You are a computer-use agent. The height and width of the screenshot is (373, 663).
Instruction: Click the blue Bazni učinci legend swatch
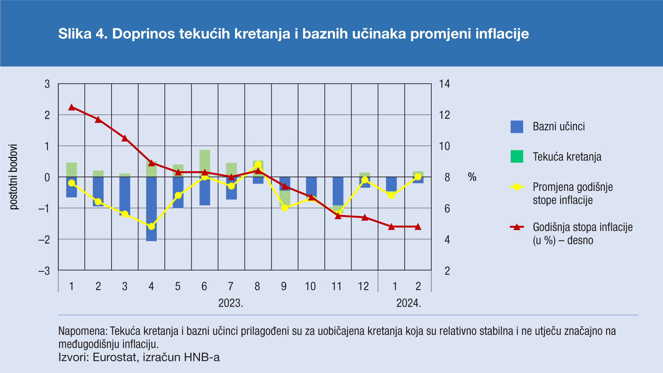click(517, 127)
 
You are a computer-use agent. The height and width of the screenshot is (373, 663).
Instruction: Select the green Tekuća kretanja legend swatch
click(517, 156)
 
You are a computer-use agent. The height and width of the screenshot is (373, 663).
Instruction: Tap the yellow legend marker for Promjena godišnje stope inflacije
click(517, 187)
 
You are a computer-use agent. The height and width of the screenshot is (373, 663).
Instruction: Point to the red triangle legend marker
click(517, 227)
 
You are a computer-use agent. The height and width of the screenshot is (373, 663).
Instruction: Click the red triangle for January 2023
click(72, 107)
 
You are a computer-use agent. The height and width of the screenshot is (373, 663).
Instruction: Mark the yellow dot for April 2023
click(151, 227)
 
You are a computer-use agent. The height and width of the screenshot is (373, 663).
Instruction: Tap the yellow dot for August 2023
click(258, 165)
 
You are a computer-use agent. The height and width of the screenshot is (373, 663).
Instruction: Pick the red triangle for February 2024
click(418, 227)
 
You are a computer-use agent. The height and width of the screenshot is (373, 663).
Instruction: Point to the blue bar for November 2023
click(338, 191)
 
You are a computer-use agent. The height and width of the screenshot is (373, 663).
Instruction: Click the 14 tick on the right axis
click(444, 84)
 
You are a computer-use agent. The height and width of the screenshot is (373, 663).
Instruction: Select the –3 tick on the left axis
click(44, 271)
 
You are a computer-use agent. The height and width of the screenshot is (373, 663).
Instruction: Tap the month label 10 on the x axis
click(310, 286)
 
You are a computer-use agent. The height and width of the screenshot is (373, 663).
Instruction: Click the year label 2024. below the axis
click(409, 303)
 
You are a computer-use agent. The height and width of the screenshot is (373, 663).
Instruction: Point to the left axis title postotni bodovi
click(14, 177)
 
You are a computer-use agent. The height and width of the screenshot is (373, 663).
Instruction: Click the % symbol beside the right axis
click(472, 177)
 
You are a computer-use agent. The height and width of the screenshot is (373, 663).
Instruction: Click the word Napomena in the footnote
click(83, 331)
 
